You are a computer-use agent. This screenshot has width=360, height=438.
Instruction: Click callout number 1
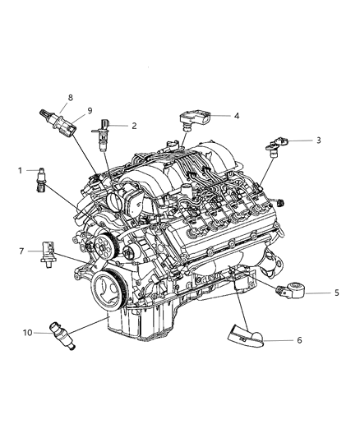click(x=19, y=171)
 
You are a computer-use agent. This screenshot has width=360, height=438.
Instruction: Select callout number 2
click(x=134, y=126)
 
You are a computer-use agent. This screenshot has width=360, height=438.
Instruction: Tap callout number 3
click(x=318, y=141)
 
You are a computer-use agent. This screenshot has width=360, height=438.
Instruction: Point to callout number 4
click(x=236, y=116)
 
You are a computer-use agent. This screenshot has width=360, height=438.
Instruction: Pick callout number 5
click(x=335, y=293)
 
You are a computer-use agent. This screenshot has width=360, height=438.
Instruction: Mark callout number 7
click(x=22, y=251)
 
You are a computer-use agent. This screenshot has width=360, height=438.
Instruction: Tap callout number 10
click(x=27, y=333)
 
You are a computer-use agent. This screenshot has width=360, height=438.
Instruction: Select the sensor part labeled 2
click(x=102, y=131)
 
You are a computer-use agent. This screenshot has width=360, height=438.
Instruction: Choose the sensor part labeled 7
click(x=48, y=253)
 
